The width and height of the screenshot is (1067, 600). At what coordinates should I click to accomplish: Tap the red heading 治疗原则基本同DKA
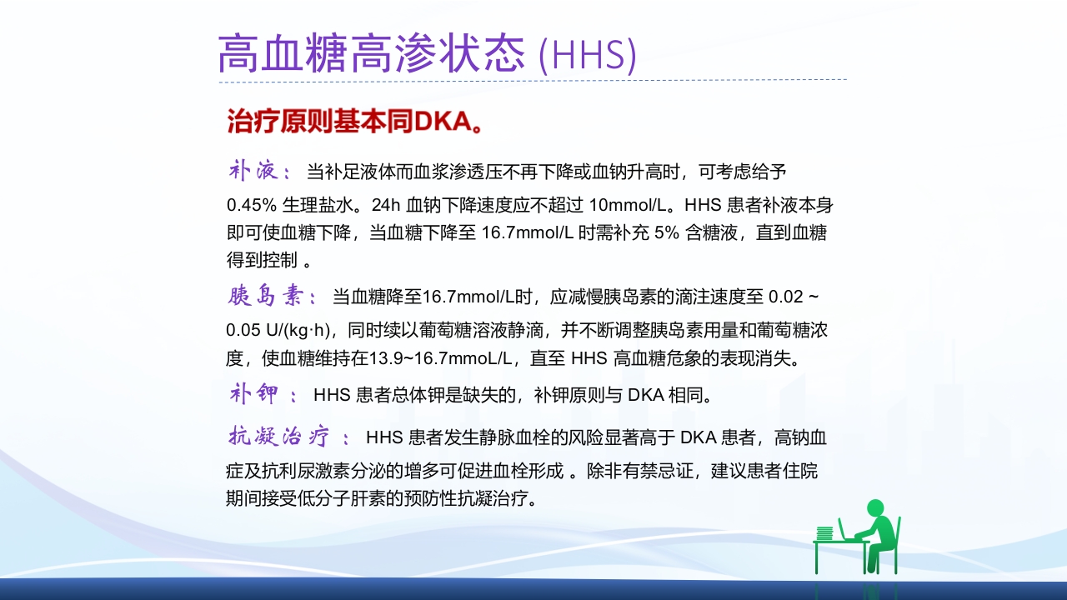pyautogui.click(x=355, y=122)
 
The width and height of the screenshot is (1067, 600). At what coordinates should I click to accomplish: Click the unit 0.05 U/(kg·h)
pyautogui.click(x=279, y=327)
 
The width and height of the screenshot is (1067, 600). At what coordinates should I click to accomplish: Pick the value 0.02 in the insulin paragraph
pyautogui.click(x=784, y=297)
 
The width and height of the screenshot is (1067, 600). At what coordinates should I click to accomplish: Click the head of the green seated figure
pyautogui.click(x=874, y=507)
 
